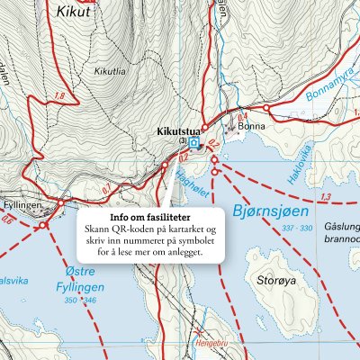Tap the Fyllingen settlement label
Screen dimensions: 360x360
pos(22,206)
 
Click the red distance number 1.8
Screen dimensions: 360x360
pos(60,96)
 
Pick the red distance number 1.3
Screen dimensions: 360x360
pos(326,196)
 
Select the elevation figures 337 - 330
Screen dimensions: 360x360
pos(297,229)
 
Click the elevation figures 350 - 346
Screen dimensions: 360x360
pos(80,300)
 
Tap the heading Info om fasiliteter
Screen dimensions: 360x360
pos(149,218)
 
